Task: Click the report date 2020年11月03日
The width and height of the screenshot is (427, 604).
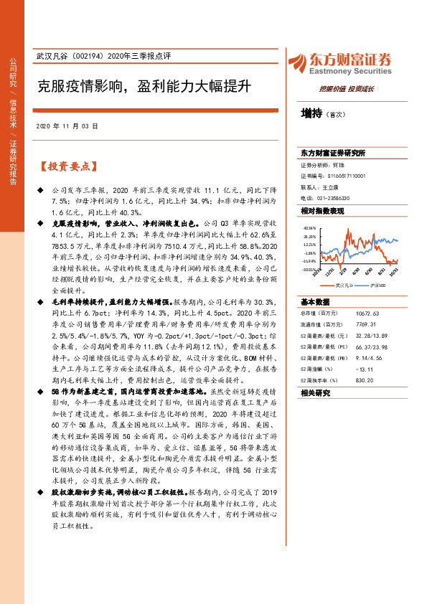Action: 66,126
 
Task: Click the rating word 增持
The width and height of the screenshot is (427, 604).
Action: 311,113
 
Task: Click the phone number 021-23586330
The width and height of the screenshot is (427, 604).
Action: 334,197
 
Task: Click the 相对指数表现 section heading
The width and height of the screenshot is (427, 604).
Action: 322,211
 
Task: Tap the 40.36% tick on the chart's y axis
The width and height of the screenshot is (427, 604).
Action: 310,227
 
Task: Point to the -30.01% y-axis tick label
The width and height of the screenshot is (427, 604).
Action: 310,270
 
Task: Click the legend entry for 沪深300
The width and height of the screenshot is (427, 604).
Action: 377,286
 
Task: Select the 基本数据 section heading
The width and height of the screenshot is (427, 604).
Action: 315,302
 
